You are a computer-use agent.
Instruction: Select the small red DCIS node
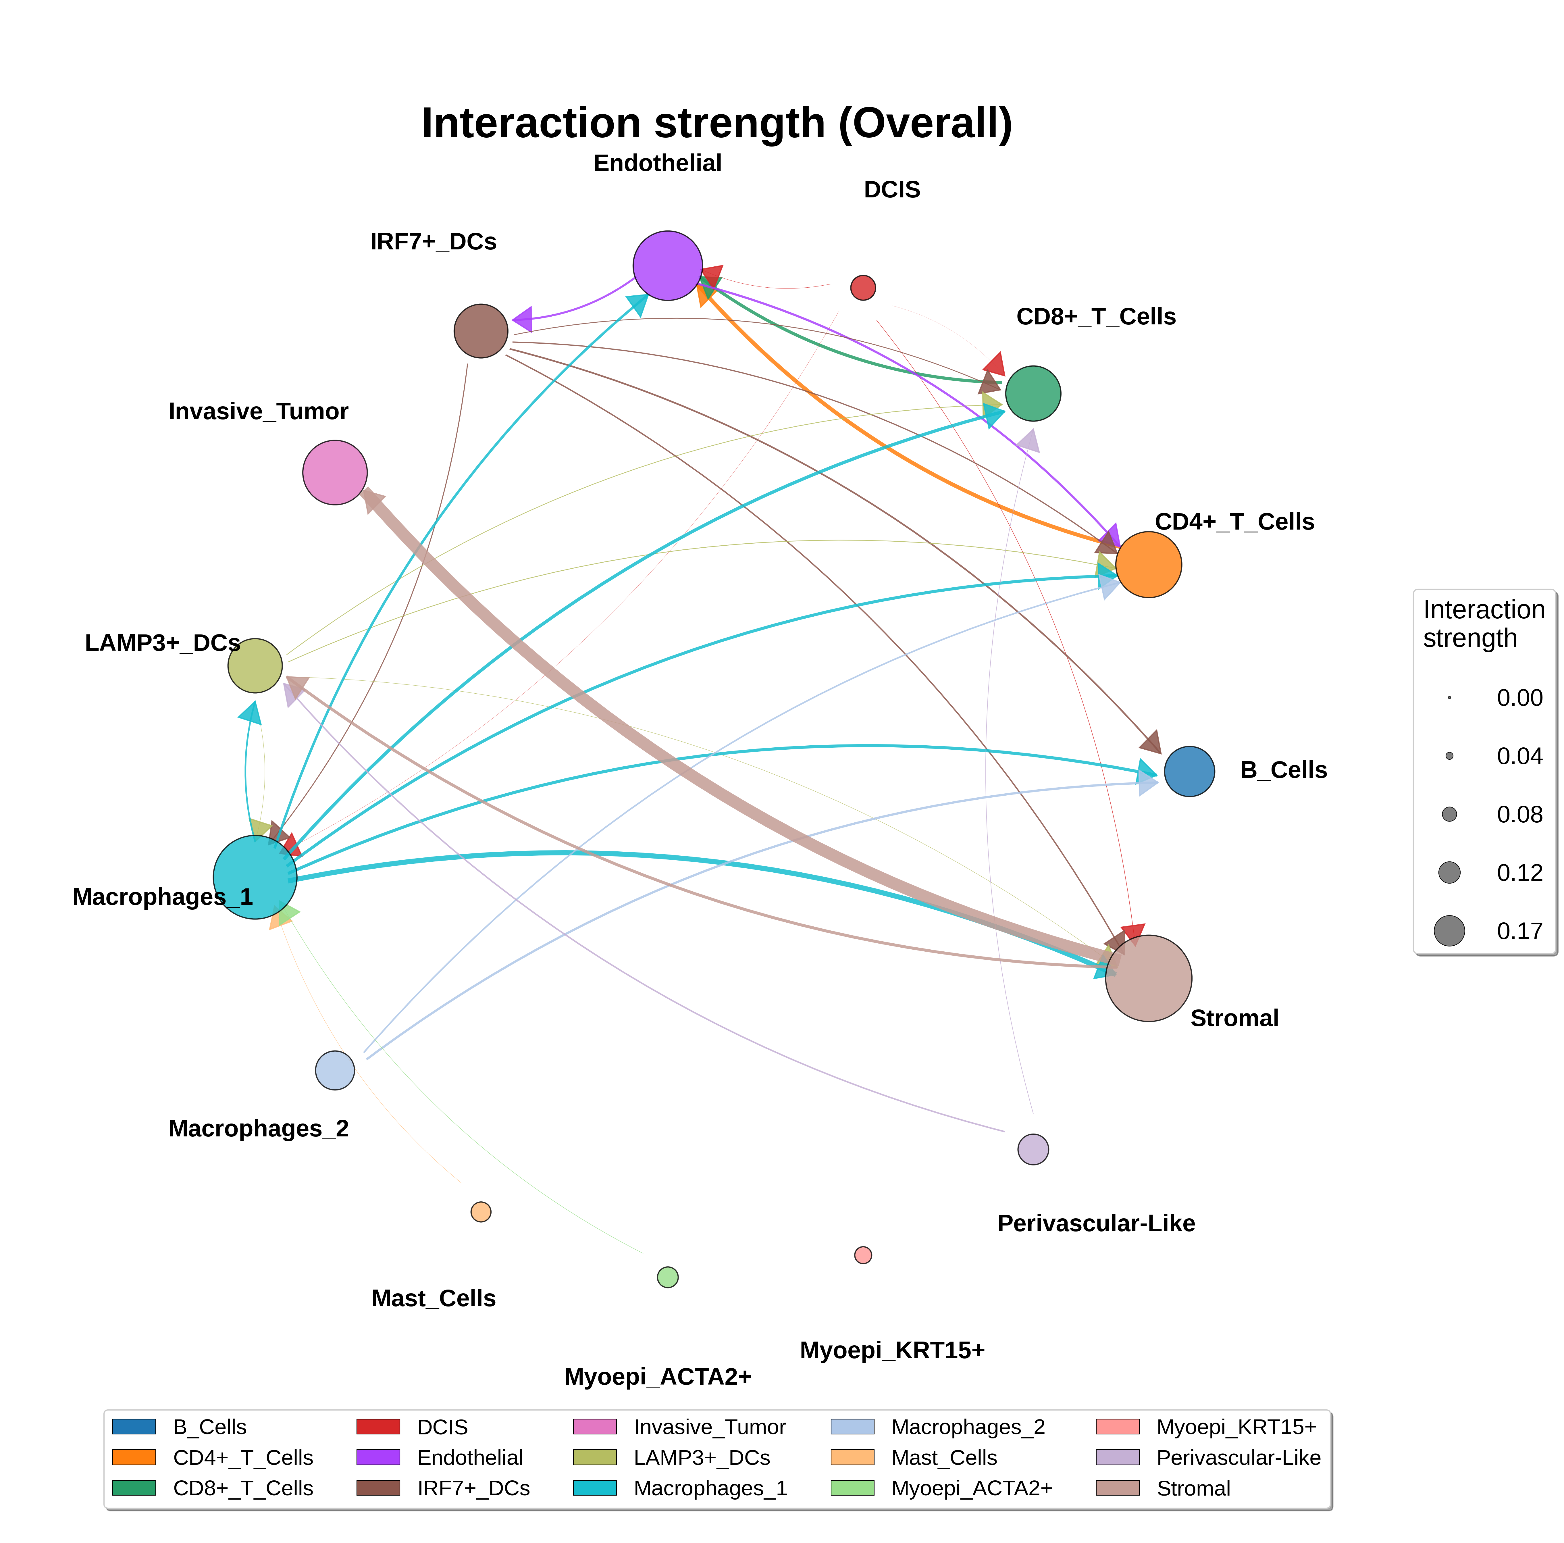863,287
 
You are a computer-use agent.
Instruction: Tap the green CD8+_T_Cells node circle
1033,393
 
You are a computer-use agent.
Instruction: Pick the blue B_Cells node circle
1189,771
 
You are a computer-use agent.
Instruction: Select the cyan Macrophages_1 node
255,877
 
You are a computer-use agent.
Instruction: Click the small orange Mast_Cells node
481,1212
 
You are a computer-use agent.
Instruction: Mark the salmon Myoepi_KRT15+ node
863,1255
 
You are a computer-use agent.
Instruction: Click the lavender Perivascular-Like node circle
1033,1149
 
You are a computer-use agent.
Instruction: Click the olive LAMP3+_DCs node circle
255,665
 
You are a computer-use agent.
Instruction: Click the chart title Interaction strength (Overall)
717,123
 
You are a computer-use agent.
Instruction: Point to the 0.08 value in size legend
1519,814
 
